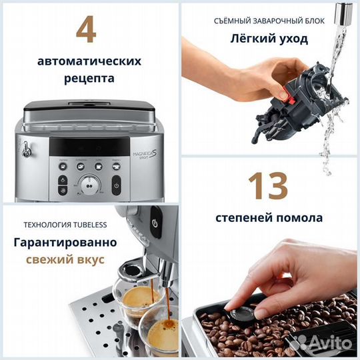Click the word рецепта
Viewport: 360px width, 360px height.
[x=89, y=78]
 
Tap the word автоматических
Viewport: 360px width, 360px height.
[x=89, y=61]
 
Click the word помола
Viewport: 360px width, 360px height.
[x=299, y=217]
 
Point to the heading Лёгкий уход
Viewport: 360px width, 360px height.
[x=269, y=38]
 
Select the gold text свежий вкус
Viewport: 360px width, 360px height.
[x=65, y=259]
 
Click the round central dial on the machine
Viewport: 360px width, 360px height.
[x=89, y=185]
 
